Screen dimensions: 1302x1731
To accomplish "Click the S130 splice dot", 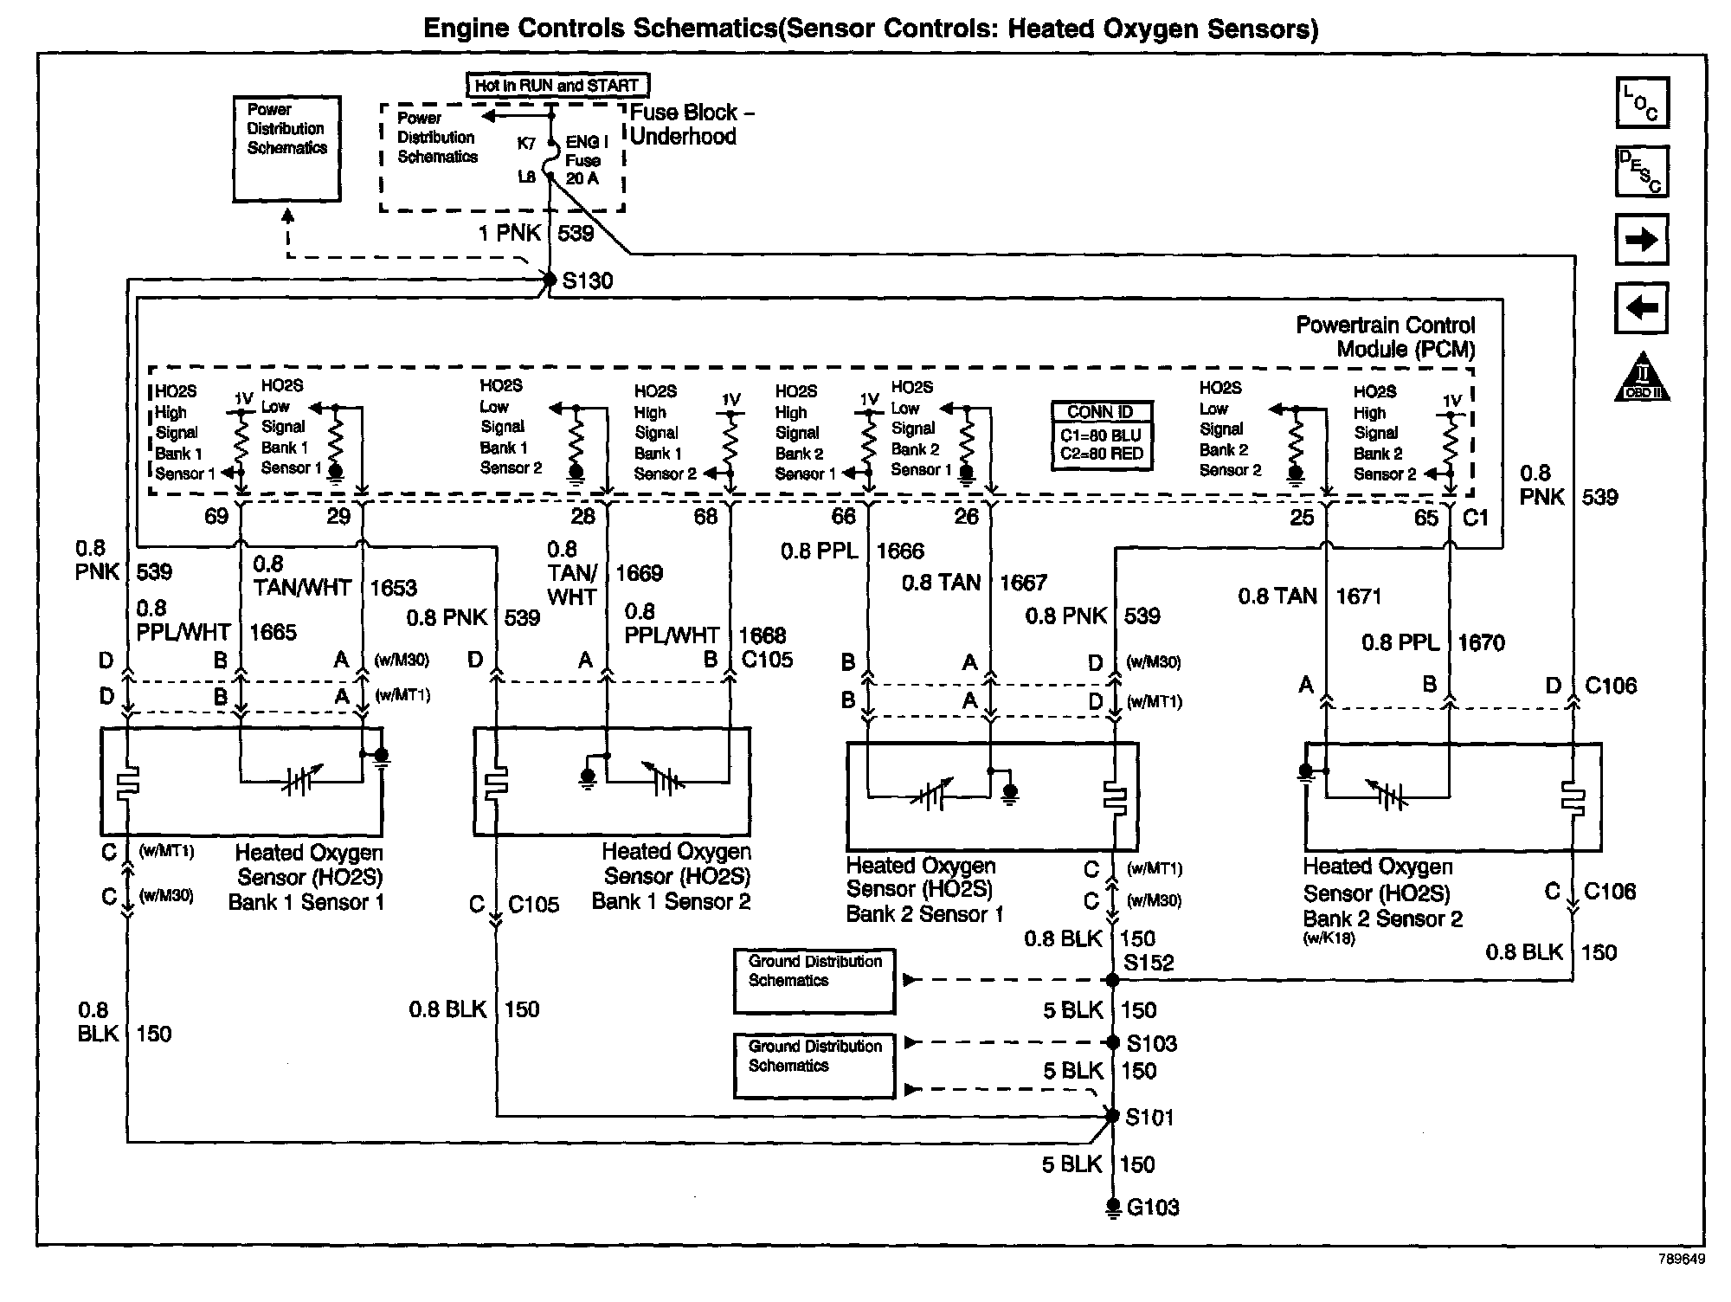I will pos(549,279).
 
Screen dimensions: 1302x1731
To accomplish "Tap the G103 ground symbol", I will pos(1113,1207).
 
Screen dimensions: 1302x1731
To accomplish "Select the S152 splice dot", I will pos(1113,980).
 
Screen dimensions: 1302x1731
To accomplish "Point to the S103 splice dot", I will pos(1113,1042).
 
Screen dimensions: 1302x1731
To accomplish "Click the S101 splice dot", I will pos(1113,1117).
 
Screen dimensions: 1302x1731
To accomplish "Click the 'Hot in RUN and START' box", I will pos(557,86).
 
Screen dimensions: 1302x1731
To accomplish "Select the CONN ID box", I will pos(1101,435).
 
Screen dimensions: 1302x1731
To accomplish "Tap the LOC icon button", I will pos(1642,103).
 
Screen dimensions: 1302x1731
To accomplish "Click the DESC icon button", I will pos(1642,171).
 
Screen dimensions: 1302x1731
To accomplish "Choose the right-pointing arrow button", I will pos(1642,240).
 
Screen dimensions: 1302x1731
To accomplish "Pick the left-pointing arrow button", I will pos(1642,307).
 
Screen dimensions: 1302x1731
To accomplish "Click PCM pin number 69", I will pos(216,517).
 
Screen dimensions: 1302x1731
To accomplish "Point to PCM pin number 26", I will pos(966,517).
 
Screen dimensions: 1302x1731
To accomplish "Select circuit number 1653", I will pos(394,589).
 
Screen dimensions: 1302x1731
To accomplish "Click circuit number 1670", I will pos(1481,643).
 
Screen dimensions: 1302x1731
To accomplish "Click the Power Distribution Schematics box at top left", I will pos(286,149).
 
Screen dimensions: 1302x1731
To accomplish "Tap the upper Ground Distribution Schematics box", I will pos(814,981).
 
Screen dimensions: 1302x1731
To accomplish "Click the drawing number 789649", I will pos(1681,1260).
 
